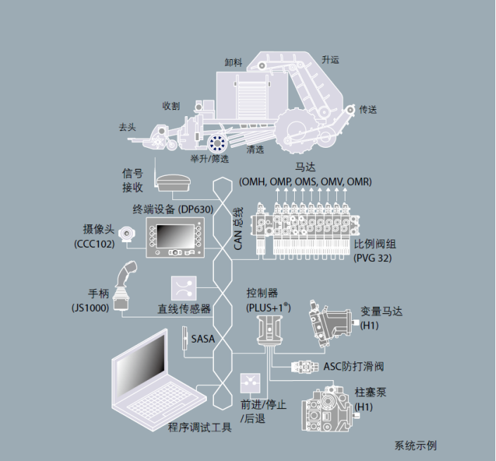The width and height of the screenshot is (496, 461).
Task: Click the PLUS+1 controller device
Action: [x=268, y=331]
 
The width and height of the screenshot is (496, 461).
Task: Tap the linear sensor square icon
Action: [x=183, y=287]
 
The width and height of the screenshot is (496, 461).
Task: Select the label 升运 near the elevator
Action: [x=330, y=61]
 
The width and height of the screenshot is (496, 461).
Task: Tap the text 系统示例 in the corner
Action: [x=416, y=446]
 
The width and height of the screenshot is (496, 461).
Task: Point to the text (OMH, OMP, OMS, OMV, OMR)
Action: [x=305, y=182]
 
